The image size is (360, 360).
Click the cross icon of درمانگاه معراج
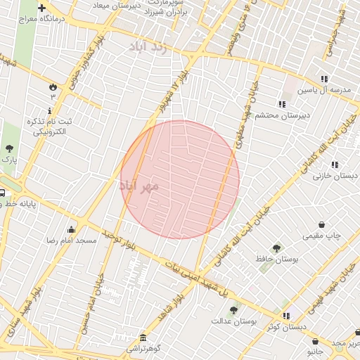pyautogui.click(x=41, y=7)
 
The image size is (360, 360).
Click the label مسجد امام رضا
pyautogui.click(x=71, y=240)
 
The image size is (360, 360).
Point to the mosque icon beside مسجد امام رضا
pyautogui.click(x=71, y=229)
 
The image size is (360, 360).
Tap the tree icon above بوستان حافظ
pyautogui.click(x=276, y=248)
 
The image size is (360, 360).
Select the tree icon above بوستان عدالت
pyautogui.click(x=233, y=309)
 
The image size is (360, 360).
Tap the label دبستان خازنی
pyautogui.click(x=335, y=175)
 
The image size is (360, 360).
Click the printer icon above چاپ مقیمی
pyautogui.click(x=321, y=225)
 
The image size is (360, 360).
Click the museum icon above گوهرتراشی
pyautogui.click(x=143, y=337)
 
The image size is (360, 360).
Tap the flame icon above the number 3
pyautogui.click(x=52, y=86)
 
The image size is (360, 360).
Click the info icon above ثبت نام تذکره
pyautogui.click(x=49, y=111)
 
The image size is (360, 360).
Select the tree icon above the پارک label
pyautogui.click(x=9, y=148)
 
